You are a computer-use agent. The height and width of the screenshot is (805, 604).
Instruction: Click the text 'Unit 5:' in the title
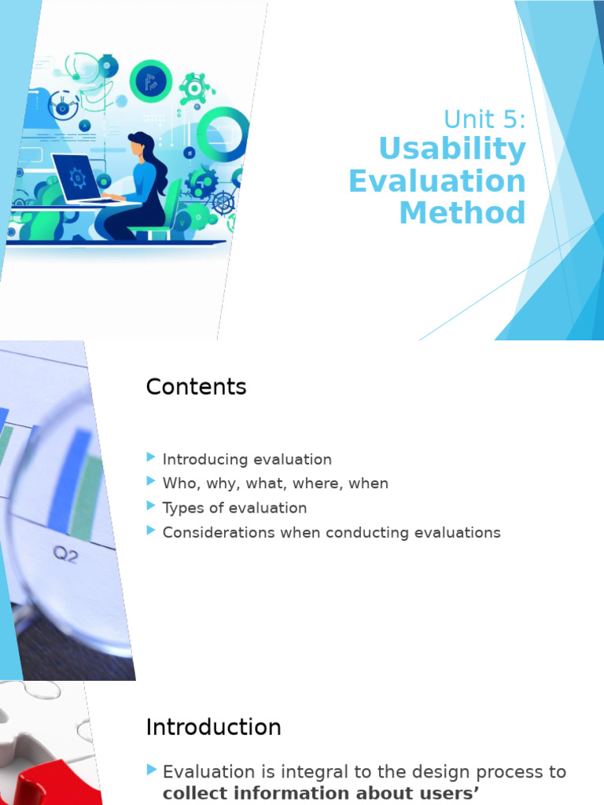[484, 119]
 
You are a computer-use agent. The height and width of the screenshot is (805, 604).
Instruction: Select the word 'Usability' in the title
[451, 149]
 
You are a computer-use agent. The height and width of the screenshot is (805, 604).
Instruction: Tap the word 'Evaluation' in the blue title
[436, 181]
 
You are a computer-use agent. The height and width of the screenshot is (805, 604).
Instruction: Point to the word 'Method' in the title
[462, 212]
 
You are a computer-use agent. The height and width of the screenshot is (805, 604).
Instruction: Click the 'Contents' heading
[196, 387]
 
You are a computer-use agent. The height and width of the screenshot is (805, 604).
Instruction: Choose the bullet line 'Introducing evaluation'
[247, 459]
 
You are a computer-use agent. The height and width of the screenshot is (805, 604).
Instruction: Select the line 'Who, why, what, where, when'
[275, 483]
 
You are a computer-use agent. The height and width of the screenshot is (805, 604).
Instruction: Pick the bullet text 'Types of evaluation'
[234, 508]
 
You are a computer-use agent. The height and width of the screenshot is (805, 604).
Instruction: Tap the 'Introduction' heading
[213, 727]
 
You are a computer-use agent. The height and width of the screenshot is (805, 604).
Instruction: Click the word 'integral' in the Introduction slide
[296, 772]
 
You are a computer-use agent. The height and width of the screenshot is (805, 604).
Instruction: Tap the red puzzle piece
[47, 786]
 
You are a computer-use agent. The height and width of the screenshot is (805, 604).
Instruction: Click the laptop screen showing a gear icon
[76, 178]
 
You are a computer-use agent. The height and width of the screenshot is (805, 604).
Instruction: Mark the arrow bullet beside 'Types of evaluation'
[151, 506]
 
